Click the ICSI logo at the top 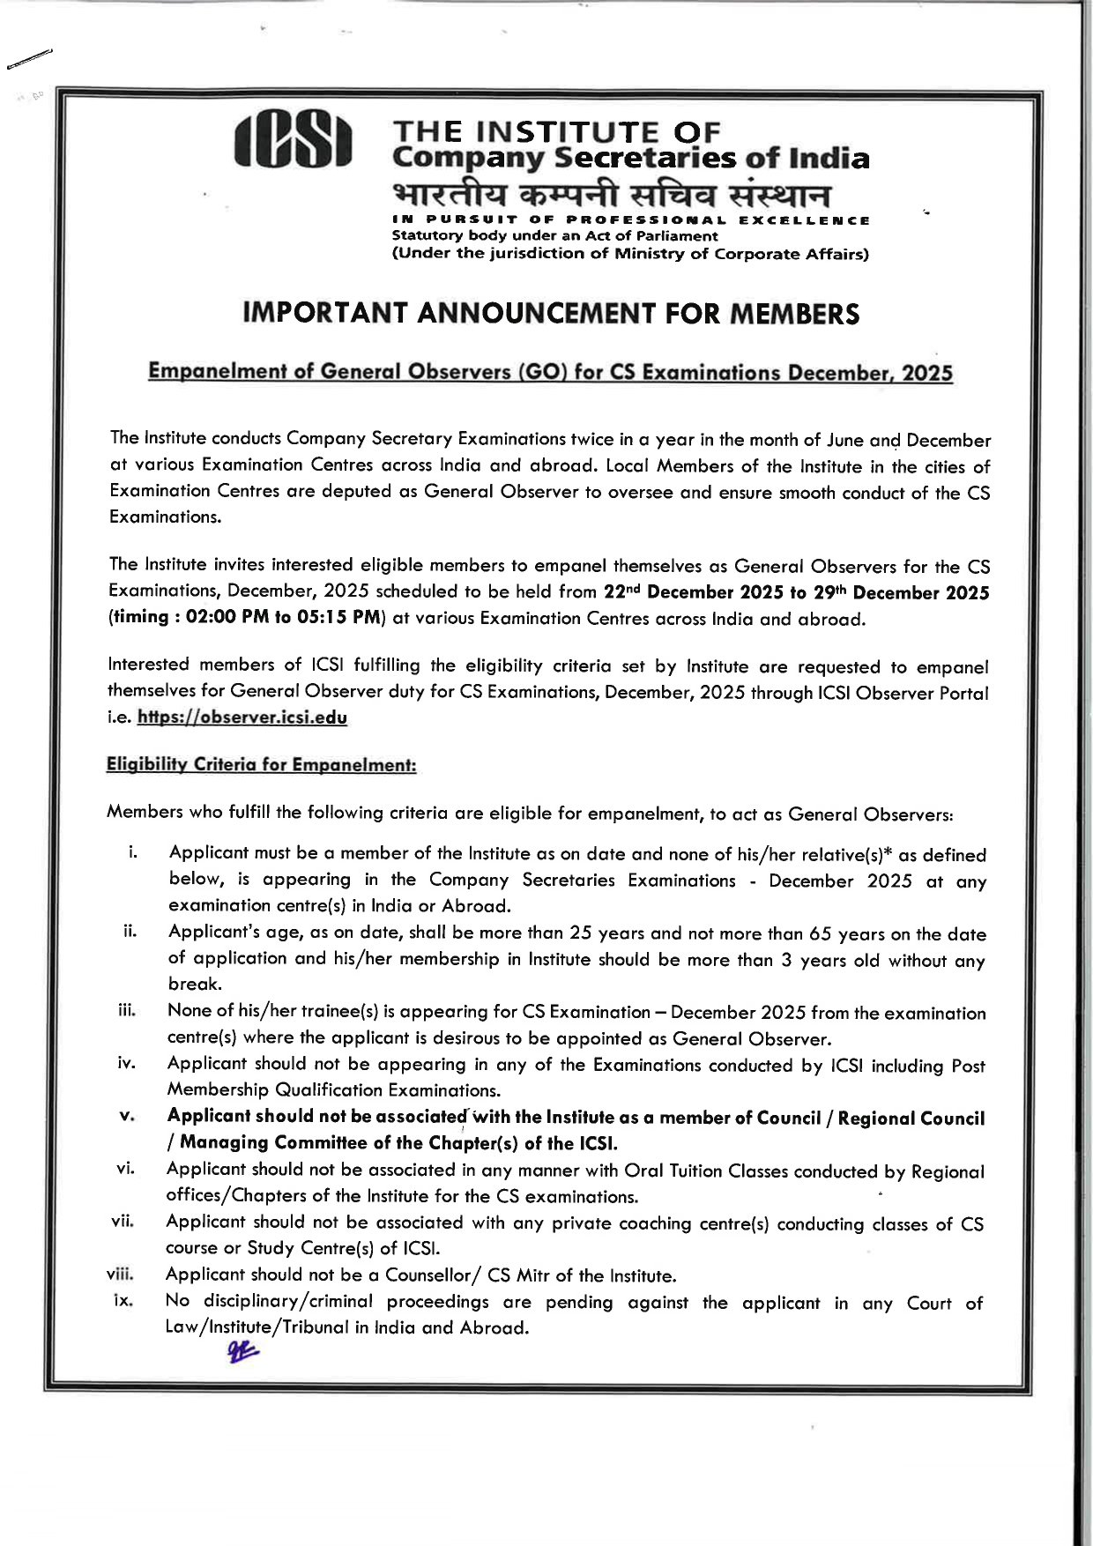294,141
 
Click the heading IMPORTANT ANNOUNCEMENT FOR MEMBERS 551,314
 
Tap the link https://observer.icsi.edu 242,717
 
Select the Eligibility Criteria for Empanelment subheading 261,764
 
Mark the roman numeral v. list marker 126,1116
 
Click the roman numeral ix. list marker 123,1300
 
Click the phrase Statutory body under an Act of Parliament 554,236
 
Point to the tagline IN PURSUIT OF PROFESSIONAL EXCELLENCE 630,220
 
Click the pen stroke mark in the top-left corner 28,59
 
